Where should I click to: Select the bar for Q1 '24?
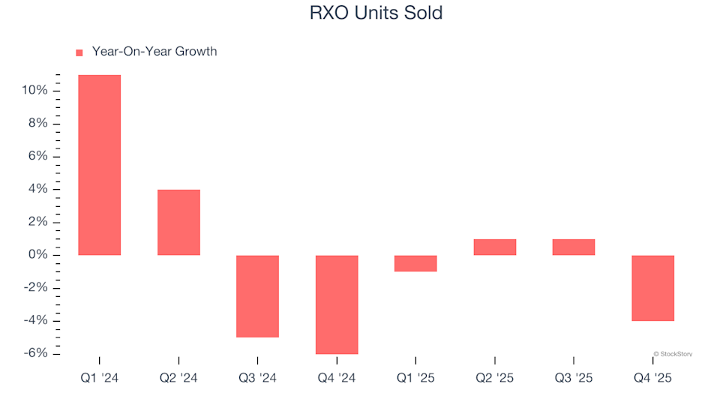pyautogui.click(x=99, y=165)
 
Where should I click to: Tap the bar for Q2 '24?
pyautogui.click(x=178, y=222)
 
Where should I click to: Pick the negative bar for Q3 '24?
pyautogui.click(x=257, y=296)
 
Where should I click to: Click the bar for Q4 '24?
pyautogui.click(x=337, y=304)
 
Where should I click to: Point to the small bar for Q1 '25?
pyautogui.click(x=415, y=263)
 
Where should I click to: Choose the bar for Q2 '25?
pyautogui.click(x=495, y=247)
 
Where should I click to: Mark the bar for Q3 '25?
pyautogui.click(x=574, y=247)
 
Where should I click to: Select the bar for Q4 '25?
pyautogui.click(x=652, y=288)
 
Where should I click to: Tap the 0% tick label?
pyautogui.click(x=38, y=255)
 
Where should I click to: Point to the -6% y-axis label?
pyautogui.click(x=35, y=353)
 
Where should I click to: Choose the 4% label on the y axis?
pyautogui.click(x=38, y=189)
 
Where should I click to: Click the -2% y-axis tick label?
pyautogui.click(x=35, y=288)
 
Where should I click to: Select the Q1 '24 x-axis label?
pyautogui.click(x=99, y=379)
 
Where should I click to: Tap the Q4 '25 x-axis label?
pyautogui.click(x=652, y=379)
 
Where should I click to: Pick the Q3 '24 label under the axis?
pyautogui.click(x=257, y=379)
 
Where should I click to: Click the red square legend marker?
pyautogui.click(x=79, y=52)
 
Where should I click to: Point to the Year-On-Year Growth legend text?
pyautogui.click(x=154, y=52)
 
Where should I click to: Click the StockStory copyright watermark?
pyautogui.click(x=673, y=353)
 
